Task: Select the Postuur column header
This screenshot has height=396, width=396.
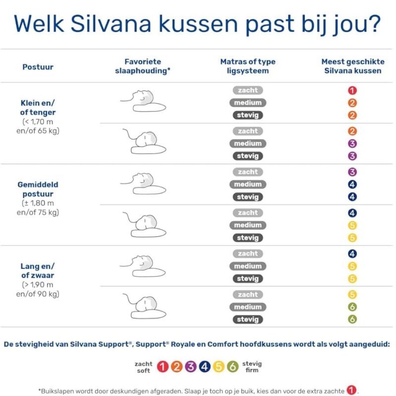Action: (x=38, y=67)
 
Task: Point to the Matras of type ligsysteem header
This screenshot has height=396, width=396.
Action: (x=247, y=66)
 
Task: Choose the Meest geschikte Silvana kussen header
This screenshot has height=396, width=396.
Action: (x=352, y=66)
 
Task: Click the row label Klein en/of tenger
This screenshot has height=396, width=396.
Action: (x=38, y=108)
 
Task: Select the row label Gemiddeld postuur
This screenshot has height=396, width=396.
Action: (x=38, y=190)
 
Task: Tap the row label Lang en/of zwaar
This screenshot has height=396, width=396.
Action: (x=38, y=271)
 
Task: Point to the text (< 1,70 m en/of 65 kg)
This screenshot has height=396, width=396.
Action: (x=38, y=126)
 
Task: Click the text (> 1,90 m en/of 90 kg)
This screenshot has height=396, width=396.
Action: (x=38, y=289)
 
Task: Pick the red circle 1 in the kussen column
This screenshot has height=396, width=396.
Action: (x=352, y=91)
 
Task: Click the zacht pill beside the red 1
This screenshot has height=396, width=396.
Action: (x=247, y=91)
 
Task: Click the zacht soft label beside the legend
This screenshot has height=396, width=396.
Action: (x=144, y=367)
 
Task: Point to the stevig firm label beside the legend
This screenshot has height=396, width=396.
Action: (x=252, y=367)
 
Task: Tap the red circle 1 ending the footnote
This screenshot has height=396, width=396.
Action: (x=351, y=390)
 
